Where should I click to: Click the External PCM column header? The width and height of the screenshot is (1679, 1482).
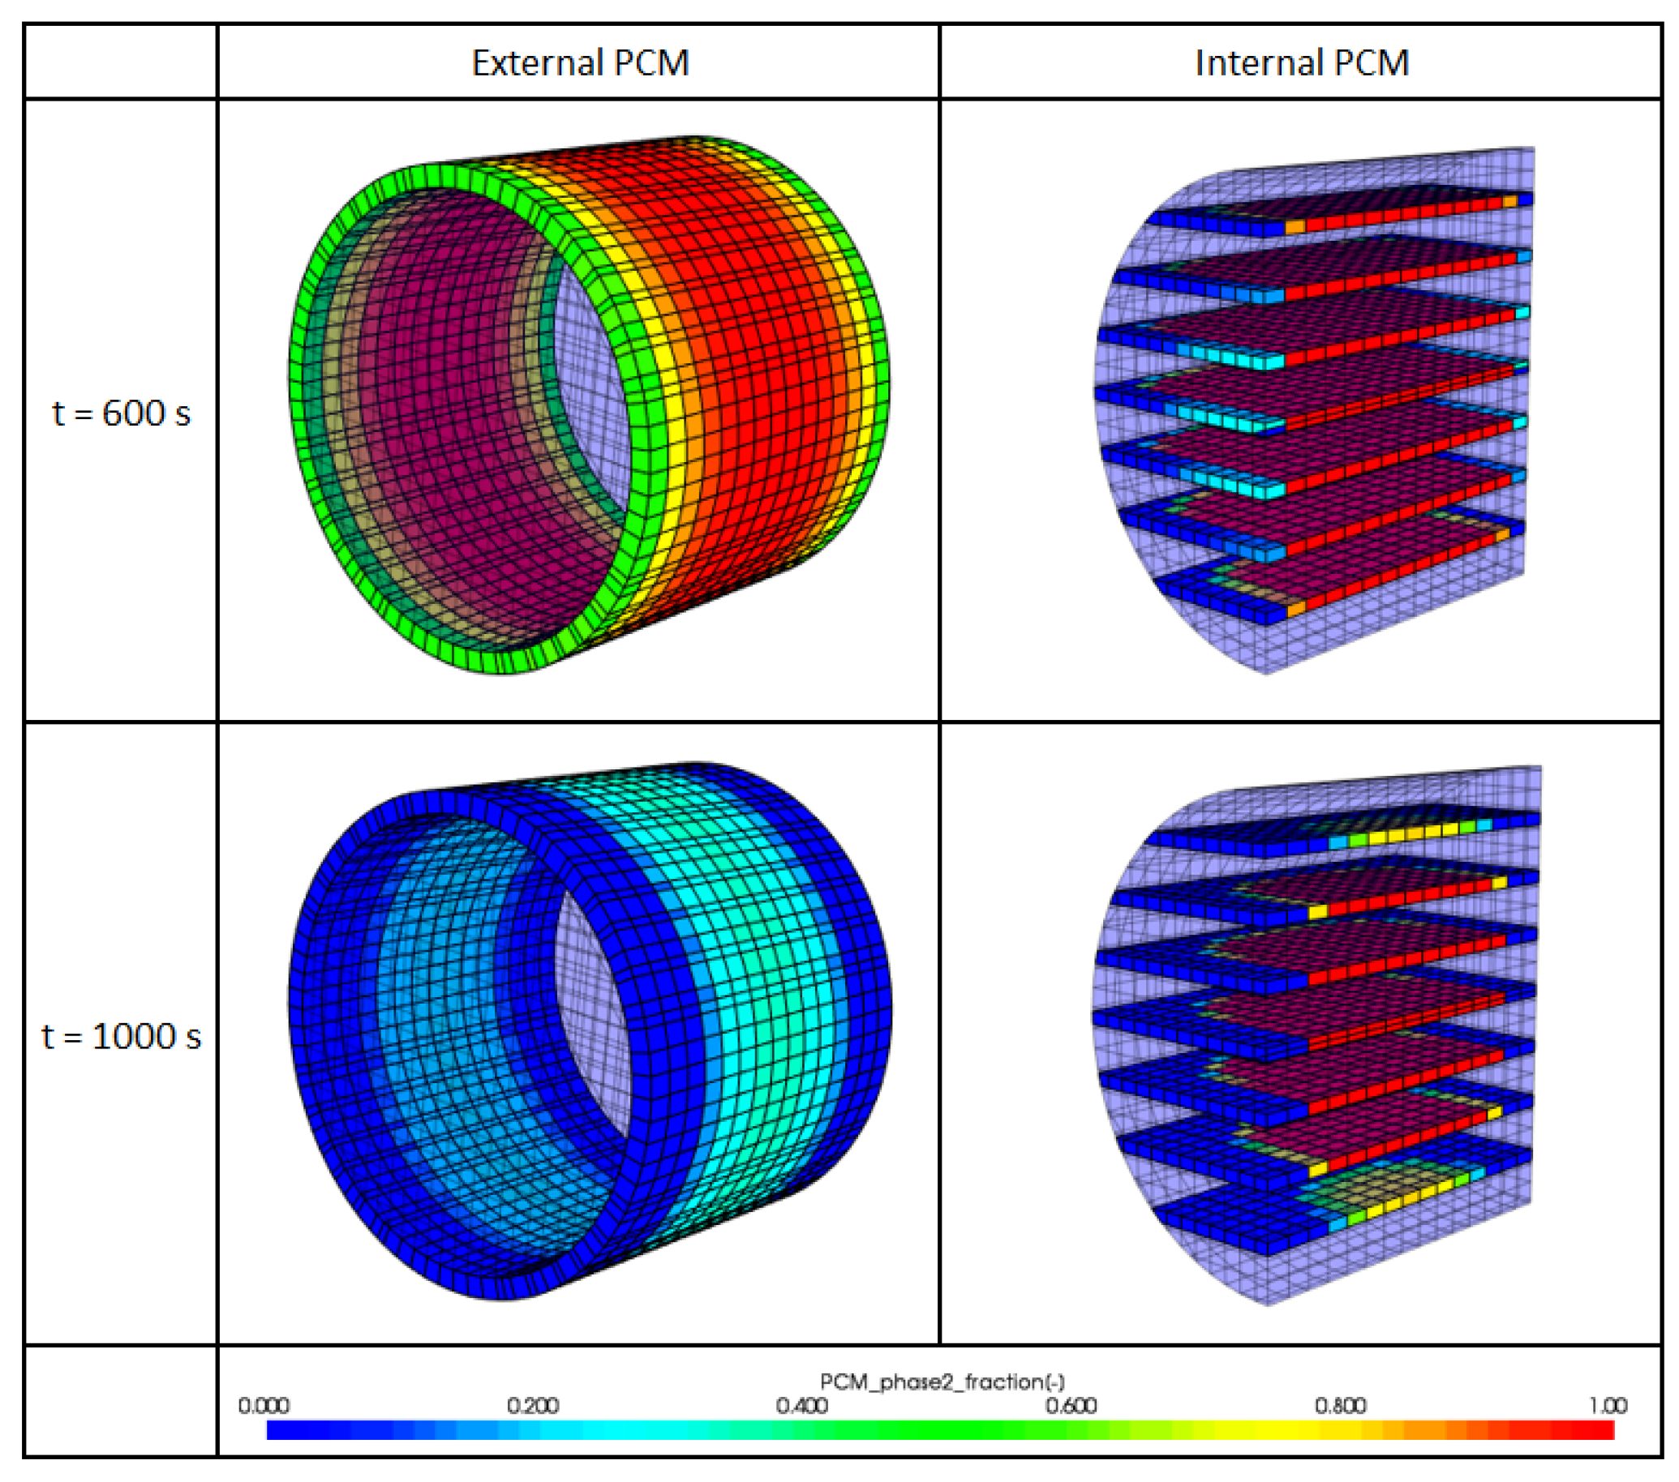[580, 63]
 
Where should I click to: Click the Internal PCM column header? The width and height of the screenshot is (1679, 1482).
[1301, 63]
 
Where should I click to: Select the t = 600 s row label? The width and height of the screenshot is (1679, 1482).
[121, 413]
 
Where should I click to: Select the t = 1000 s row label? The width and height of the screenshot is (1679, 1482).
[121, 1036]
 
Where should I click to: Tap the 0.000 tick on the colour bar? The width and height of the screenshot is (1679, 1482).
[264, 1405]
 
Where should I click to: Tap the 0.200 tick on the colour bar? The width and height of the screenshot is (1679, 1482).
[532, 1405]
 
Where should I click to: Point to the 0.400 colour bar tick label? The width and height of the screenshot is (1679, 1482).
[801, 1405]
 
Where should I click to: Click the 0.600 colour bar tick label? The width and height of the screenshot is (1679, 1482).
[1071, 1405]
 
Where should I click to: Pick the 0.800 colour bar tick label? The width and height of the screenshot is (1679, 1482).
[1340, 1405]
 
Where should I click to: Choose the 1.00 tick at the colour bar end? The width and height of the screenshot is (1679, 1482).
[1608, 1405]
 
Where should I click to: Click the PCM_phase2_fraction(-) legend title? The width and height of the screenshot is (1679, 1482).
[943, 1381]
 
